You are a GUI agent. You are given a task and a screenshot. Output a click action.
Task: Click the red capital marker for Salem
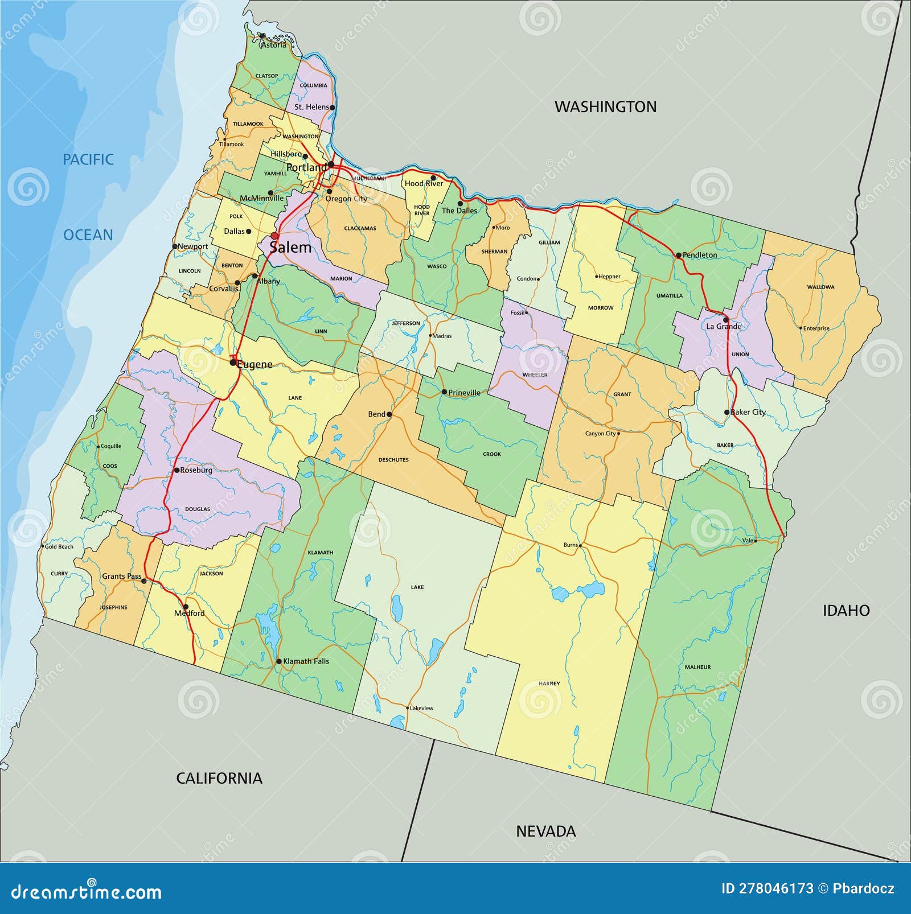(274, 236)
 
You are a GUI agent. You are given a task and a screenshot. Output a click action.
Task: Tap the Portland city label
(306, 167)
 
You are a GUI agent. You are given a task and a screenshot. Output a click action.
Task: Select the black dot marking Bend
(389, 414)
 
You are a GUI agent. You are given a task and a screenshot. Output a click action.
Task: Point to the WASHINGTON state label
(605, 106)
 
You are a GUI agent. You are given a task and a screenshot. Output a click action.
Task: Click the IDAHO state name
(846, 611)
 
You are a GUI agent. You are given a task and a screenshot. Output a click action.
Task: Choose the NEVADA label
(545, 831)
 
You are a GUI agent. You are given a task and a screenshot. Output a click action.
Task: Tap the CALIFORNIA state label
(219, 778)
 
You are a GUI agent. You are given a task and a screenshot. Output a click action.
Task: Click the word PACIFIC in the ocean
(88, 159)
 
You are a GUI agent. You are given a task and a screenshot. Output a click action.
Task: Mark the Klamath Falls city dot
(278, 661)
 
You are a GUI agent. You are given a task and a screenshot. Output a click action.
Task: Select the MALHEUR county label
(697, 667)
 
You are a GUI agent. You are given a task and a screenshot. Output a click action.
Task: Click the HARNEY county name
(549, 684)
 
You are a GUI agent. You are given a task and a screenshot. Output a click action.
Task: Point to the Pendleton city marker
(679, 256)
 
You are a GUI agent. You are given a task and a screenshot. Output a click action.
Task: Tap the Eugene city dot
(233, 362)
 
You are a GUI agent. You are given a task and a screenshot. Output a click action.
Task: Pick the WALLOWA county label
(820, 287)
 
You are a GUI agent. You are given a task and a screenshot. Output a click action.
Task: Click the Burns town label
(570, 545)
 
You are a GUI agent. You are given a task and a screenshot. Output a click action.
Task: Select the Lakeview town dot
(408, 708)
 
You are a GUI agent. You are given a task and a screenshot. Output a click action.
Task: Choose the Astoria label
(273, 45)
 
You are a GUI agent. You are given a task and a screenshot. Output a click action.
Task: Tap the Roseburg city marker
(177, 470)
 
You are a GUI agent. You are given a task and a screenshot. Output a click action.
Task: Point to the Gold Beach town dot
(43, 546)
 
